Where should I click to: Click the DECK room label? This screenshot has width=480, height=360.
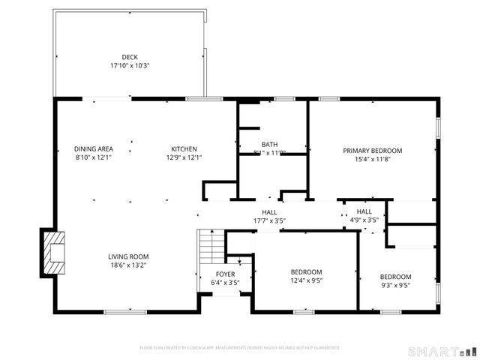130,57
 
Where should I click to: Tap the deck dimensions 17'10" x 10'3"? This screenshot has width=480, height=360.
130,66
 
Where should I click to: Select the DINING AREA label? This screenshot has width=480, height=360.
93,148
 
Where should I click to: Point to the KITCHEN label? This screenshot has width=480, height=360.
184,148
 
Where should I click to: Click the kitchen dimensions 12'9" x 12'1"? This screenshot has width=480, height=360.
184,157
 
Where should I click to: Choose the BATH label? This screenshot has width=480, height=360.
269,144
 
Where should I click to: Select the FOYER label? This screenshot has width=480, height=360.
226,274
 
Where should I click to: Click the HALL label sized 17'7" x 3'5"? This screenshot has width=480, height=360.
269,212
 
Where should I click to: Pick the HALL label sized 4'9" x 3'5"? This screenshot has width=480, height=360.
364,212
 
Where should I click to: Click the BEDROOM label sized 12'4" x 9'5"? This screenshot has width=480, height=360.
306,271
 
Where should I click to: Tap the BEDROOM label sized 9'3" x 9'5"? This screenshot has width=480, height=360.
395,276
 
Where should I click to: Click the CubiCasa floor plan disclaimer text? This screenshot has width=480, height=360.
240,348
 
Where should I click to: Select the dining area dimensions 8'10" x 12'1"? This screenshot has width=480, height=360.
93,157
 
